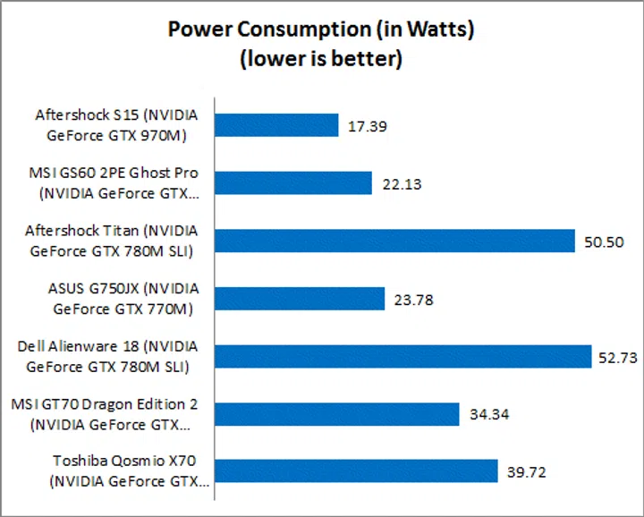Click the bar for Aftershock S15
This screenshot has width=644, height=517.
(x=276, y=126)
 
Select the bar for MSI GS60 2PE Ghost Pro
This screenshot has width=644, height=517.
(x=293, y=183)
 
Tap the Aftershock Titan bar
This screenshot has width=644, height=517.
(x=394, y=242)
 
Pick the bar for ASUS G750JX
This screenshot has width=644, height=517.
(x=300, y=299)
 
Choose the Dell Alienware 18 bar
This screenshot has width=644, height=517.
(x=402, y=357)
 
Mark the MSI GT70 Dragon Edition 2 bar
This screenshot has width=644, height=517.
(x=337, y=414)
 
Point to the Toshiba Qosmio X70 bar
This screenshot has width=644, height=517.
(x=356, y=471)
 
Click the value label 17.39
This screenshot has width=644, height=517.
(x=367, y=127)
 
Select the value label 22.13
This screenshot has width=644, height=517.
(x=401, y=184)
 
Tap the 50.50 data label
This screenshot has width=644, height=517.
(x=604, y=242)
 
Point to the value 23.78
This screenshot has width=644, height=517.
(x=413, y=300)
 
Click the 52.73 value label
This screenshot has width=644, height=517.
(x=618, y=358)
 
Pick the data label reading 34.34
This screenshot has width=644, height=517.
(x=488, y=415)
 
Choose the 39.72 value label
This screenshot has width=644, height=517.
(x=526, y=472)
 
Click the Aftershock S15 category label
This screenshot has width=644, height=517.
(x=116, y=126)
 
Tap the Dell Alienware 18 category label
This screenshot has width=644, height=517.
(x=108, y=356)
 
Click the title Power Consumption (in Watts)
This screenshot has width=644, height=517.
(x=321, y=30)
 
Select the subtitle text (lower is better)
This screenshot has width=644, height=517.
(x=321, y=59)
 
